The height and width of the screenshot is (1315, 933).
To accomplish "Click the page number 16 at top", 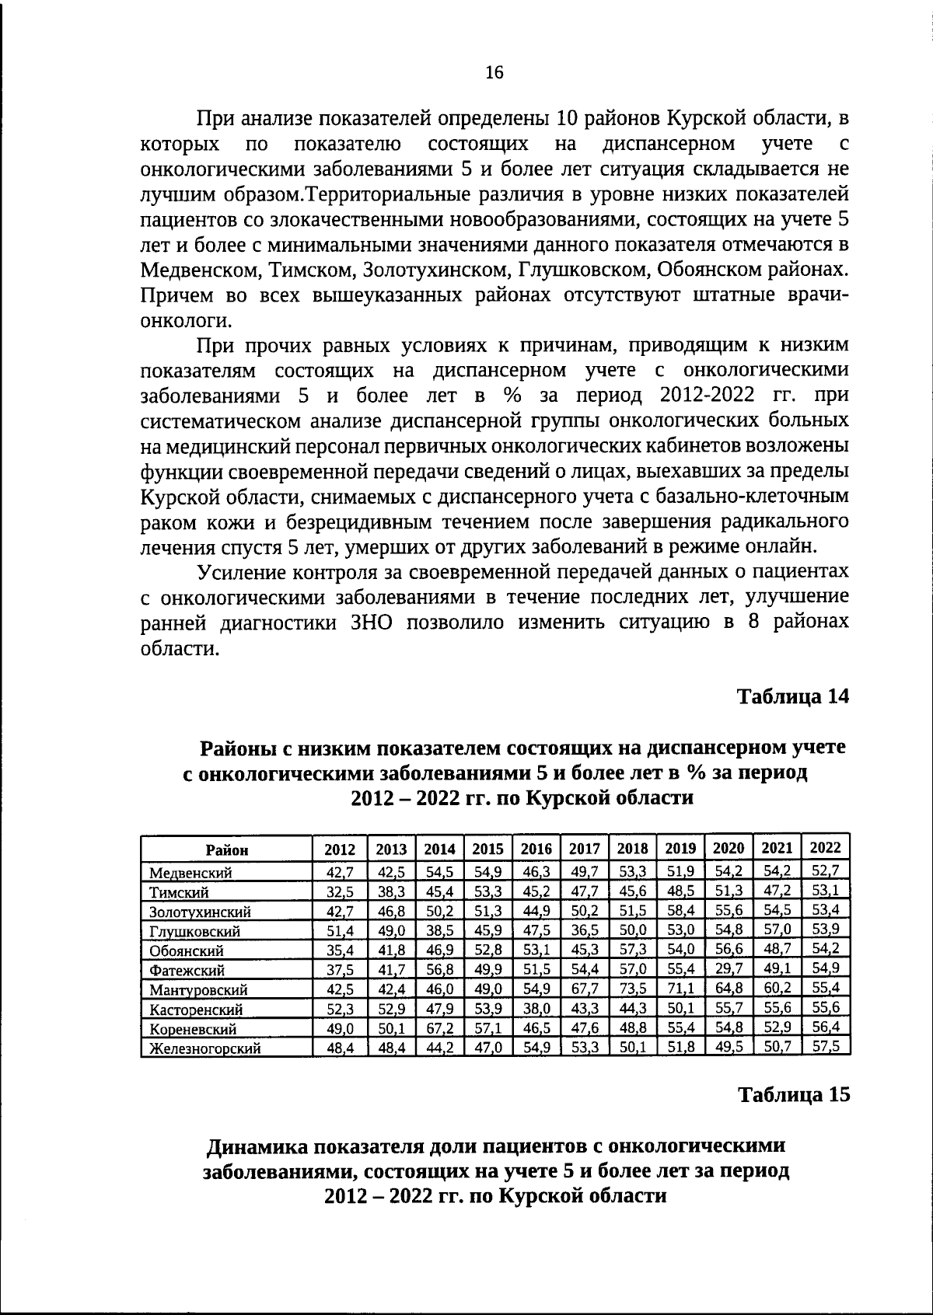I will [x=494, y=73].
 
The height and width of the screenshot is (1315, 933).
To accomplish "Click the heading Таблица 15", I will [x=793, y=1094].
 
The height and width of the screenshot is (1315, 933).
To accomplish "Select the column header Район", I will [x=227, y=849].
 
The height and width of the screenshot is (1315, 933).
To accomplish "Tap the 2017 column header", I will [x=584, y=849].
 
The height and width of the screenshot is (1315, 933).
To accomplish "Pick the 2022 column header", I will [x=825, y=848].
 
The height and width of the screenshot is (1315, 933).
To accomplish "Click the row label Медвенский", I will [x=190, y=874].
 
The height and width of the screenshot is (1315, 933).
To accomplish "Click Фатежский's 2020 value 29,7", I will [x=729, y=969].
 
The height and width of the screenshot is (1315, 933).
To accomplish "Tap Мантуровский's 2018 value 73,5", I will [x=632, y=989].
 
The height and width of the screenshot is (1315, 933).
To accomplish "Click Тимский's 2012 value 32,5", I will [x=340, y=892].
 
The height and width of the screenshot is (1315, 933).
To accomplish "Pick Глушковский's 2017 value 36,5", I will [x=584, y=930].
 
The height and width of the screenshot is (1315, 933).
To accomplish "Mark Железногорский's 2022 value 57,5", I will [x=825, y=1047].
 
